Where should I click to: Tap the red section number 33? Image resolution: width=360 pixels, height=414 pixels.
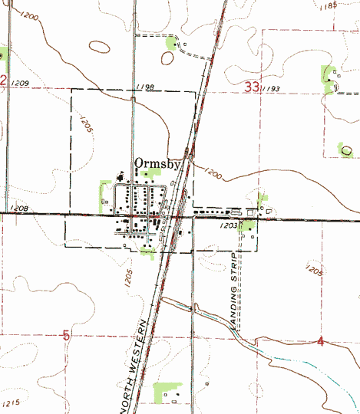click(251, 87)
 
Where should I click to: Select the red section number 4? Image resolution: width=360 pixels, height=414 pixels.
click(319, 340)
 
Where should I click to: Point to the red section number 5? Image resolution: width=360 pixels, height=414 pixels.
click(67, 335)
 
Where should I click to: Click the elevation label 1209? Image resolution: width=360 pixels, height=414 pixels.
click(21, 82)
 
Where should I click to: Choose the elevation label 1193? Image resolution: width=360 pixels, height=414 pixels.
click(269, 90)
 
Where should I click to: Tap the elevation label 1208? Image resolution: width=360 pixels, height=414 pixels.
click(20, 207)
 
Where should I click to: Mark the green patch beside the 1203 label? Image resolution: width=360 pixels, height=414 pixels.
click(246, 225)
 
